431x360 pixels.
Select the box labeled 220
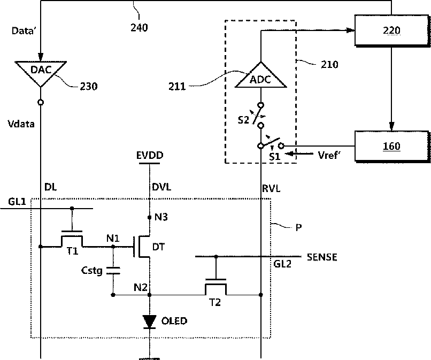pyautogui.click(x=391, y=30)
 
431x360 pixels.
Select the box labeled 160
pyautogui.click(x=391, y=145)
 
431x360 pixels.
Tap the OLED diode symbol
pyautogui.click(x=150, y=322)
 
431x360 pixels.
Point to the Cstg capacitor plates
pyautogui.click(x=113, y=270)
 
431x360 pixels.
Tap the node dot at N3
pyautogui.click(x=150, y=217)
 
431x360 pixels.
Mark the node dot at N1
pyautogui.click(x=113, y=247)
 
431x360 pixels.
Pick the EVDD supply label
pyautogui.click(x=150, y=155)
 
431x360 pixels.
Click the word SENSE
pyautogui.click(x=322, y=257)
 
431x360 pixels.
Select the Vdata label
pyautogui.click(x=21, y=124)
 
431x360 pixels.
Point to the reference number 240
pyautogui.click(x=139, y=27)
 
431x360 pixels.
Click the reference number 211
pyautogui.click(x=177, y=87)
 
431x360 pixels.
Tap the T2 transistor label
pyautogui.click(x=215, y=303)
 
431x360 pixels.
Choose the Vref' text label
pyautogui.click(x=329, y=155)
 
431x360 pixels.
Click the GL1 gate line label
pyautogui.click(x=17, y=202)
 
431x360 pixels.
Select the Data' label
pyautogui.click(x=24, y=30)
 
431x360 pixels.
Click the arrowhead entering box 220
pyautogui.click(x=350, y=30)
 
